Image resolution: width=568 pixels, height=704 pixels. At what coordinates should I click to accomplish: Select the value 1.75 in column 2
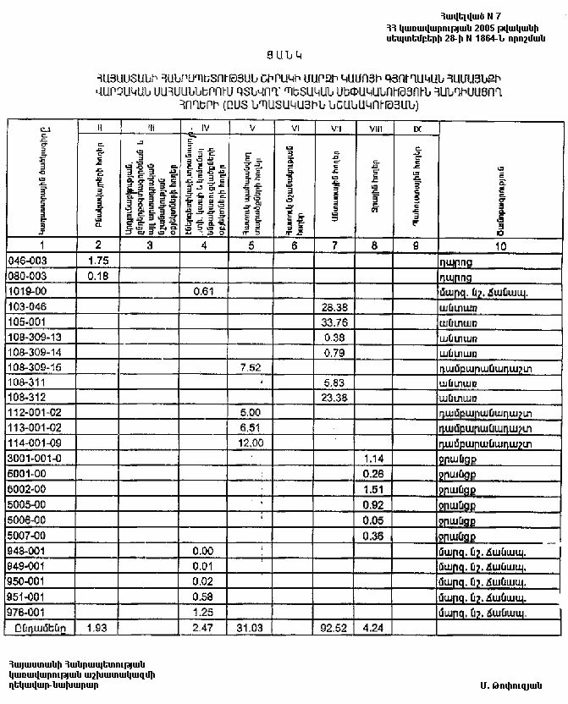click(100, 261)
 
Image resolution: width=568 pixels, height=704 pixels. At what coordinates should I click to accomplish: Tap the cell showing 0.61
click(202, 291)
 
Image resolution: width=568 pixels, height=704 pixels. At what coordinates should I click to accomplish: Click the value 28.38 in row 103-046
click(333, 306)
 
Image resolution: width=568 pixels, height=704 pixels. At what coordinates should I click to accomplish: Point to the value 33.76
click(333, 322)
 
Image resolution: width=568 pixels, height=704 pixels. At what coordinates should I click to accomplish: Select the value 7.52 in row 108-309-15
click(250, 367)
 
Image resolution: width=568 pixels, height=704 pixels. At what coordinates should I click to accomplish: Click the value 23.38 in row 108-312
click(333, 397)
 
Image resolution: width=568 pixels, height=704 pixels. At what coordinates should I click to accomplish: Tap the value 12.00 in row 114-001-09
click(251, 443)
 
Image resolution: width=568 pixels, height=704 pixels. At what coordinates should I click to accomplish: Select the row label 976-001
click(25, 611)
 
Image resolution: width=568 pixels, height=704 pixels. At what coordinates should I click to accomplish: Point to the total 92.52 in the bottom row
click(333, 628)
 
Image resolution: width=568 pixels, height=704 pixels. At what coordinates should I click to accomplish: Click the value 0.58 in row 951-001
click(202, 596)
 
